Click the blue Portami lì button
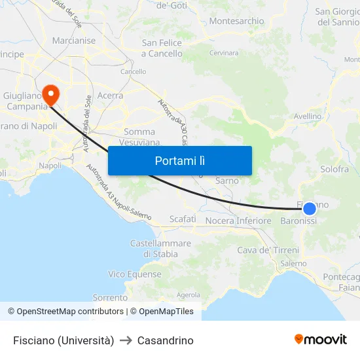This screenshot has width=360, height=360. tap(180, 160)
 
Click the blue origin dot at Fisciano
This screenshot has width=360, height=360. tap(310, 209)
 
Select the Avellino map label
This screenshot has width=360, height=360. tap(308, 117)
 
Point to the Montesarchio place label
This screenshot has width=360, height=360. tap(236, 22)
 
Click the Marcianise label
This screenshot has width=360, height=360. tap(74, 41)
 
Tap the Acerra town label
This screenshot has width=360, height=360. tap(110, 96)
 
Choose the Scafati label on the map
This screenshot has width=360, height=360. tap(183, 219)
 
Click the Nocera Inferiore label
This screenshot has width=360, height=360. tap(238, 221)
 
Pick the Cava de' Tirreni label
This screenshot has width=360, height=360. tap(268, 250)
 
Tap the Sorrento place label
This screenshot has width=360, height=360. tap(110, 298)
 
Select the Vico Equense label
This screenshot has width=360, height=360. tap(135, 274)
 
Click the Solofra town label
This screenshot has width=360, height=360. tap(334, 170)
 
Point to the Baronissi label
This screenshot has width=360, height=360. tap(298, 221)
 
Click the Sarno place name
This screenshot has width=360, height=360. tap(227, 181)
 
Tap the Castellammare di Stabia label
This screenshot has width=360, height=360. tap(160, 249)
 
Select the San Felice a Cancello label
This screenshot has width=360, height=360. tap(162, 48)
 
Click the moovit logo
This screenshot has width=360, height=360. tap(321, 340)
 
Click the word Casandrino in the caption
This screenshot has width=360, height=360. tap(166, 340)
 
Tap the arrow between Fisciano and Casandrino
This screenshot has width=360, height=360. tap(126, 340)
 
